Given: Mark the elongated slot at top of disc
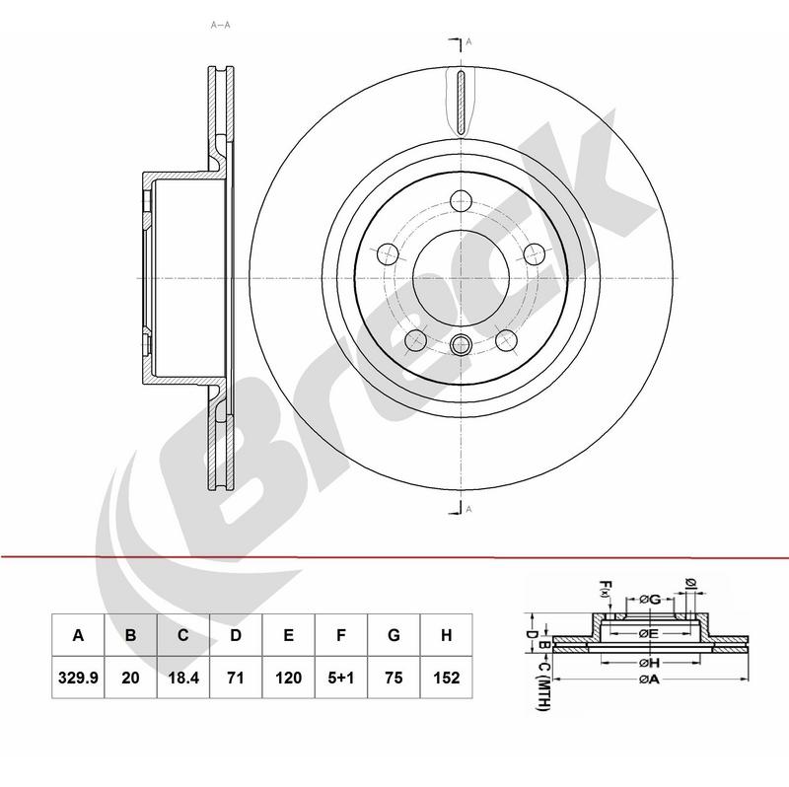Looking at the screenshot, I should (461, 104).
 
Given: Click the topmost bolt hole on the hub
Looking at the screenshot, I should (461, 202).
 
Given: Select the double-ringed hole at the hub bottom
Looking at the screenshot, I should (461, 344).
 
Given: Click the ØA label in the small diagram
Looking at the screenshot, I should (648, 679).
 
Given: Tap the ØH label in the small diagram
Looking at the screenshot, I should (647, 661).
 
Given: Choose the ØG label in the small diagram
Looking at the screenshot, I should (649, 600).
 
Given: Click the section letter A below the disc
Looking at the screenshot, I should (469, 509).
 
